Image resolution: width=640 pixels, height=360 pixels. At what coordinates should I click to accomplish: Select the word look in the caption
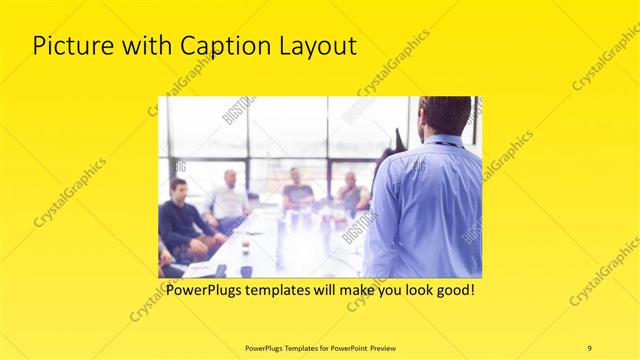coord(406,291)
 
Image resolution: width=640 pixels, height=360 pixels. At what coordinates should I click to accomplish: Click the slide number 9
coord(589,347)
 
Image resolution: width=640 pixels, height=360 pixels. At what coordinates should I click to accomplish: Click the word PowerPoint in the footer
coord(338,347)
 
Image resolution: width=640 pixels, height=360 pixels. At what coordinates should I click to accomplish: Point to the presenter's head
coord(443,116)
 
